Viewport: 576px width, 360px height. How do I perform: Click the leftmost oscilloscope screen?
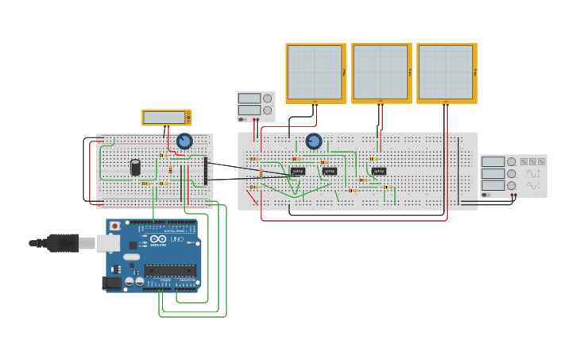pyautogui.click(x=315, y=72)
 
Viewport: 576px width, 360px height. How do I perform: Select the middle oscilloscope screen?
pyautogui.click(x=381, y=72)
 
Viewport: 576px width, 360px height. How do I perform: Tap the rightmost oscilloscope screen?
pyautogui.click(x=446, y=72)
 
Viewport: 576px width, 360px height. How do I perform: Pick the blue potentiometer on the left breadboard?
pyautogui.click(x=184, y=141)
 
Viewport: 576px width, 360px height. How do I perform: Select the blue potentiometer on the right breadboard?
pyautogui.click(x=314, y=141)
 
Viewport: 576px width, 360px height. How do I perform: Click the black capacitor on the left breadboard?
pyautogui.click(x=136, y=167)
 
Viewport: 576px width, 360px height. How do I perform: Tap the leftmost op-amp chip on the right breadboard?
pyautogui.click(x=298, y=171)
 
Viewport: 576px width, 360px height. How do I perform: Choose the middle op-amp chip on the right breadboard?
pyautogui.click(x=330, y=171)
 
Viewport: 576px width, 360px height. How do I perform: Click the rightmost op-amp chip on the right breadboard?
pyautogui.click(x=380, y=171)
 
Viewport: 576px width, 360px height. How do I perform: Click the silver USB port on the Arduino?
pyautogui.click(x=108, y=242)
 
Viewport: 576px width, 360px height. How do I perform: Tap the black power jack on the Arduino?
pyautogui.click(x=112, y=282)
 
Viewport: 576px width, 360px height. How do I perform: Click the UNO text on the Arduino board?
pyautogui.click(x=176, y=239)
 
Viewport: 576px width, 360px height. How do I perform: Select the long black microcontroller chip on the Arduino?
pyautogui.click(x=170, y=270)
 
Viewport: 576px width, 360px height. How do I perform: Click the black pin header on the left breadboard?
pyautogui.click(x=206, y=171)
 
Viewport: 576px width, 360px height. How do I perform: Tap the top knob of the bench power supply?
pyautogui.click(x=267, y=99)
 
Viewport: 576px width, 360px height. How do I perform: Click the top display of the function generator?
pyautogui.click(x=493, y=161)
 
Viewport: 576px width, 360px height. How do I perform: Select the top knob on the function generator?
pyautogui.click(x=511, y=161)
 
